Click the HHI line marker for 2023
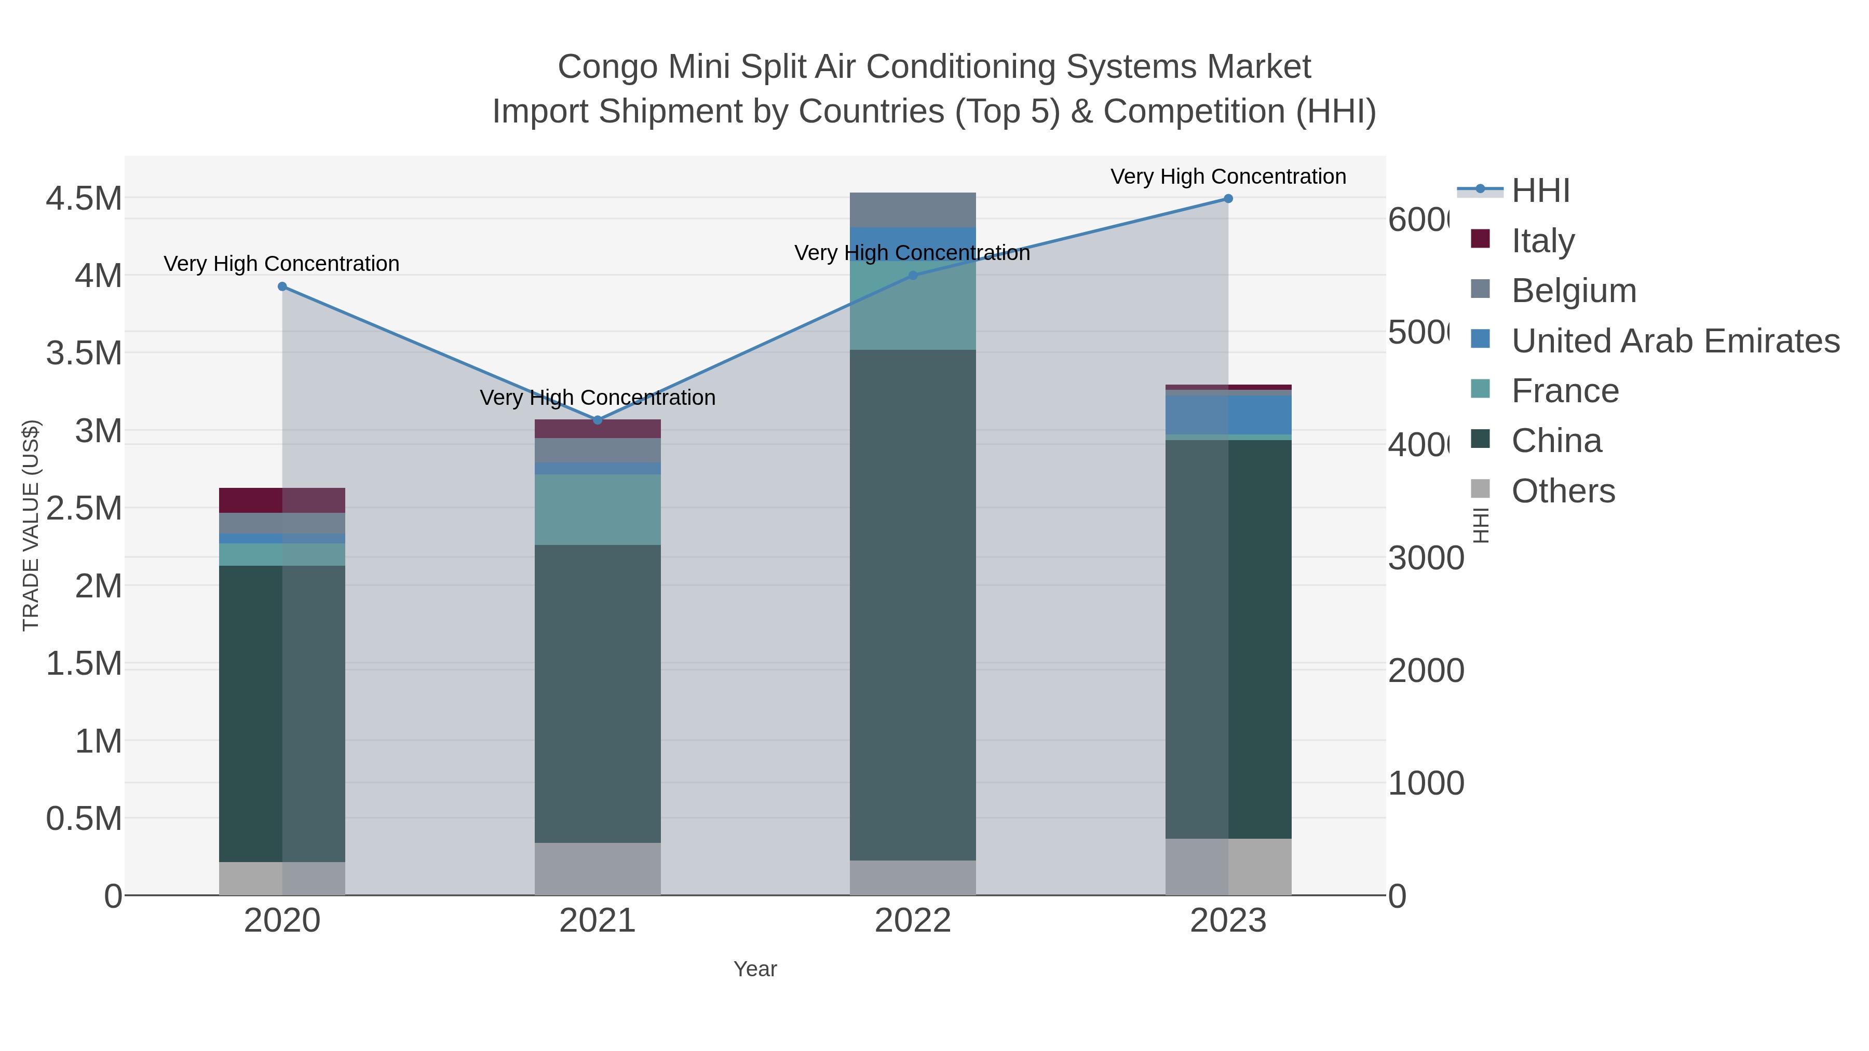pyautogui.click(x=1228, y=198)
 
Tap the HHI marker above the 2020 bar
pyautogui.click(x=282, y=286)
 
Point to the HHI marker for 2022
pyautogui.click(x=913, y=276)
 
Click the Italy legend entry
pyautogui.click(x=1542, y=241)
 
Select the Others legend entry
pyautogui.click(x=1563, y=491)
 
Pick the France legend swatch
pyautogui.click(x=1480, y=389)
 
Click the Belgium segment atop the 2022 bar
pyautogui.click(x=913, y=210)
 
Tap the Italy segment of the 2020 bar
pyautogui.click(x=282, y=500)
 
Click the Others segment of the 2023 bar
pyautogui.click(x=1228, y=867)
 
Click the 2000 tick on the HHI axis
pyautogui.click(x=1426, y=671)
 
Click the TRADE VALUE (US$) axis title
pyautogui.click(x=31, y=525)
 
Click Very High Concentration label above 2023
pyautogui.click(x=1228, y=176)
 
